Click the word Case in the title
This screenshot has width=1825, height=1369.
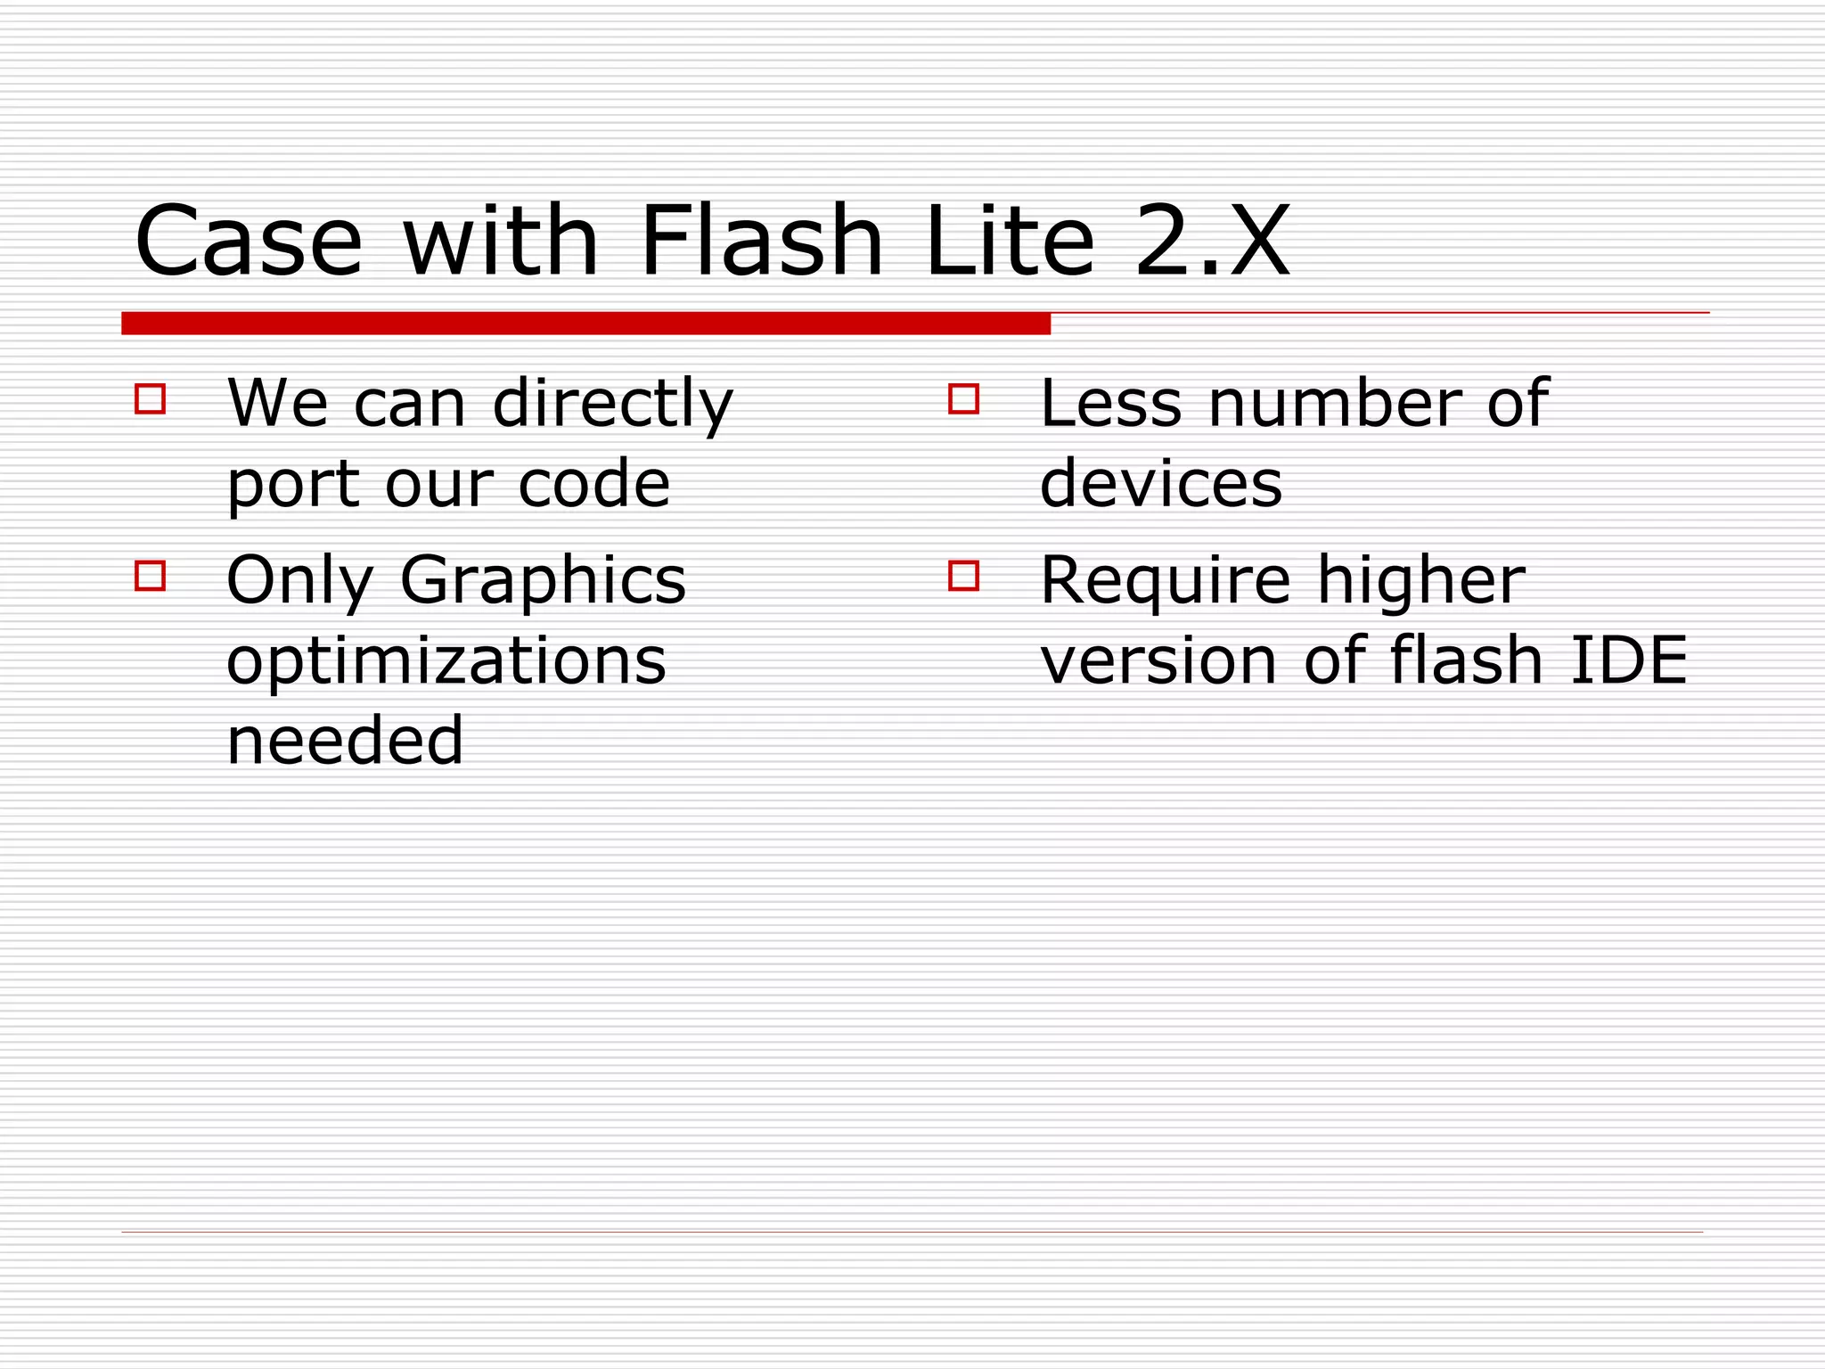click(x=249, y=241)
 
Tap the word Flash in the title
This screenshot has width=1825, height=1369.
click(x=761, y=241)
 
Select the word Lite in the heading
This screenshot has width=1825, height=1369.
click(x=1010, y=241)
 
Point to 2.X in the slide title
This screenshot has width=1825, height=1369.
click(x=1212, y=241)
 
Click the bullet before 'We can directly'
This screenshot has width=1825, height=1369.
click(x=150, y=398)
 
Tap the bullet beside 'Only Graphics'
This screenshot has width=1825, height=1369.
click(x=150, y=576)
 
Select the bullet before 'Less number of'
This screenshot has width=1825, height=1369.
click(x=963, y=398)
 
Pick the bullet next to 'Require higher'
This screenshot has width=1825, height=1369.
click(x=963, y=576)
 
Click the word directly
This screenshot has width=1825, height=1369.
click(x=612, y=404)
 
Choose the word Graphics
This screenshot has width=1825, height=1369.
click(x=543, y=581)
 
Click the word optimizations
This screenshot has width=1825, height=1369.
click(x=446, y=662)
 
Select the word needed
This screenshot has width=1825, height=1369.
click(x=345, y=741)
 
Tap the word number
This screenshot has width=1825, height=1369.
click(x=1333, y=404)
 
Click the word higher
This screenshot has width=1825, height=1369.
click(x=1420, y=581)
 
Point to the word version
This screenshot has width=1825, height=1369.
click(x=1158, y=661)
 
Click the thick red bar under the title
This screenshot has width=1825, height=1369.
click(x=585, y=324)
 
